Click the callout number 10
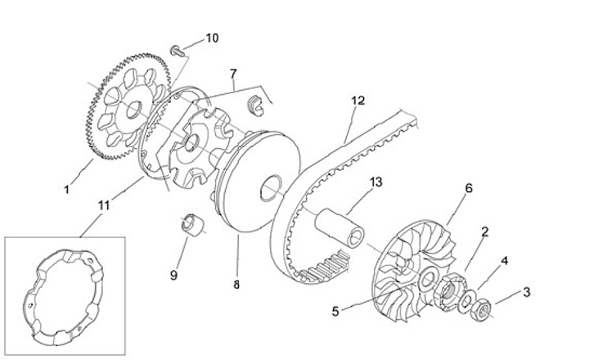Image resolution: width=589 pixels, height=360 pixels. (212, 38)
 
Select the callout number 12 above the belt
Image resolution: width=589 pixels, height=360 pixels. (357, 101)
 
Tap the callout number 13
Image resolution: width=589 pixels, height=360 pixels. (375, 182)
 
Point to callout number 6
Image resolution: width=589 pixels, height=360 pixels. (468, 188)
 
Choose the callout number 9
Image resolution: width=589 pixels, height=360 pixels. (173, 276)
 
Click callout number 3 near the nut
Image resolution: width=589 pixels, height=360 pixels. (526, 291)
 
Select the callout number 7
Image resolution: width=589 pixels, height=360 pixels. (234, 74)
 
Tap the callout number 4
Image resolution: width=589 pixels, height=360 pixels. (505, 260)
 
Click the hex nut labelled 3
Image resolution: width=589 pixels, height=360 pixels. (483, 309)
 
